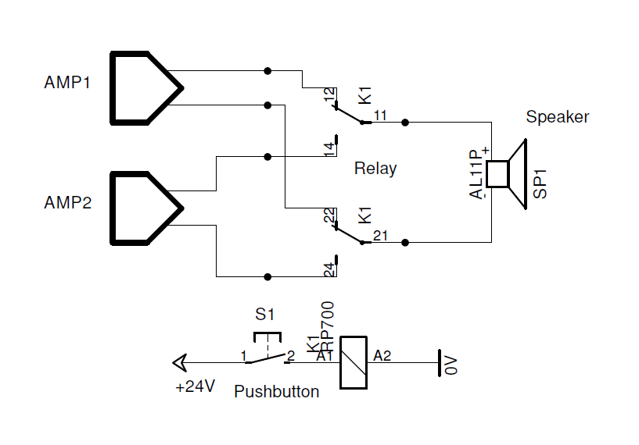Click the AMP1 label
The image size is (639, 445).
[x=66, y=83]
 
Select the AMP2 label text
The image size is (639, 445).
[x=67, y=202]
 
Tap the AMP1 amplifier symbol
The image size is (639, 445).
[x=147, y=88]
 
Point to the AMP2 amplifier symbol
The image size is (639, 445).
[x=147, y=208]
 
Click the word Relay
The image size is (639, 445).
[x=375, y=169]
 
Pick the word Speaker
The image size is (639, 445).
[x=558, y=117]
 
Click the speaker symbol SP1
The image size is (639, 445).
[x=507, y=174]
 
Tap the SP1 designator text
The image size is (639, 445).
[x=540, y=184]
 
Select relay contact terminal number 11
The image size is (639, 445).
[x=380, y=116]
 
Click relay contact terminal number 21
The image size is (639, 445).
[x=380, y=236]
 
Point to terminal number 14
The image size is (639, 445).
[x=329, y=149]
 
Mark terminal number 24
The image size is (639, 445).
[x=329, y=269]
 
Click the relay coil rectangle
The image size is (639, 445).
[x=354, y=362]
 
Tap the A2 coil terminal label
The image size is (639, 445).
[x=382, y=356]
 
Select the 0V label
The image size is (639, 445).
[x=451, y=365]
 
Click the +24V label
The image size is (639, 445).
[x=195, y=386]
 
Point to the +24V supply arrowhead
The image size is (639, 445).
[x=180, y=362]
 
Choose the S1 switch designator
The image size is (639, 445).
[x=265, y=315]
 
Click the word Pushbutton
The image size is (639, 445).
[x=276, y=392]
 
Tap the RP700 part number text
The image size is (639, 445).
[x=328, y=326]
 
